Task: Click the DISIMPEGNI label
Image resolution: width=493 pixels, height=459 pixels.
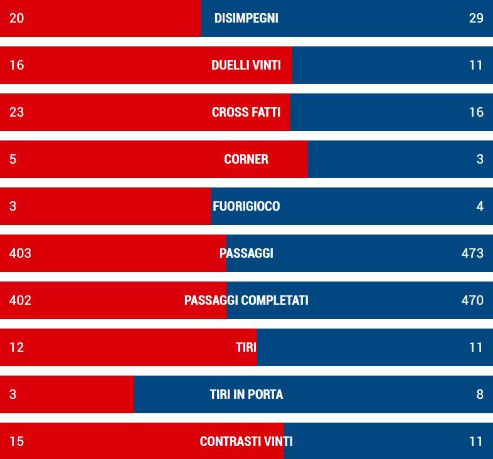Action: pos(246,18)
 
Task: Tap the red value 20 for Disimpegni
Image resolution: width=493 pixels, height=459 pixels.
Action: pos(16,18)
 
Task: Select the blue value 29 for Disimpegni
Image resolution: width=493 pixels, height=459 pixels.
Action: pos(476,18)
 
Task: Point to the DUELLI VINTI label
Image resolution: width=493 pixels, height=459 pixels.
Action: pos(246,65)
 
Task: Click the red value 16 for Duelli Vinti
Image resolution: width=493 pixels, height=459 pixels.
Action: pos(16,65)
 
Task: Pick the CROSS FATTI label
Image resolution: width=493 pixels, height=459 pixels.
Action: pos(246,112)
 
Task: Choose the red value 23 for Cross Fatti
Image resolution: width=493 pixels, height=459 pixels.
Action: pos(16,112)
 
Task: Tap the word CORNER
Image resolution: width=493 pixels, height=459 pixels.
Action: pos(246,159)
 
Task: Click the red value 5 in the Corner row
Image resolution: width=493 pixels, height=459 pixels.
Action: pos(13,159)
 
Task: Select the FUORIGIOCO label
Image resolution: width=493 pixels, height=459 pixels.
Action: pos(246,206)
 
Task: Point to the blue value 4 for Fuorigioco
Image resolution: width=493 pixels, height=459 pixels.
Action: pos(480,206)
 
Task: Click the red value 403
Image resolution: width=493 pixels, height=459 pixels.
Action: pos(20,253)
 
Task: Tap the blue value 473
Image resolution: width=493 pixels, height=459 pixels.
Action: pos(472,253)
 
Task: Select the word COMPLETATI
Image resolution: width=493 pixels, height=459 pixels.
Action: pos(273,300)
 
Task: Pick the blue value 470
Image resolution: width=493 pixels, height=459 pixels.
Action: pos(472,300)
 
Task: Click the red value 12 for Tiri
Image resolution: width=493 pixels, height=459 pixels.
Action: pos(16,347)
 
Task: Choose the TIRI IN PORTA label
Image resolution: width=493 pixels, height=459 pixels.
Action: pos(246,394)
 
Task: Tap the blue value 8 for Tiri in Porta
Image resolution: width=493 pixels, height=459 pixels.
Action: pos(480,394)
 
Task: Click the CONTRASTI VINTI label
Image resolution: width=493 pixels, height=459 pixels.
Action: pos(246,441)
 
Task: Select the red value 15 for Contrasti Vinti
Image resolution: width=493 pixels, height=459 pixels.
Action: pos(16,441)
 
